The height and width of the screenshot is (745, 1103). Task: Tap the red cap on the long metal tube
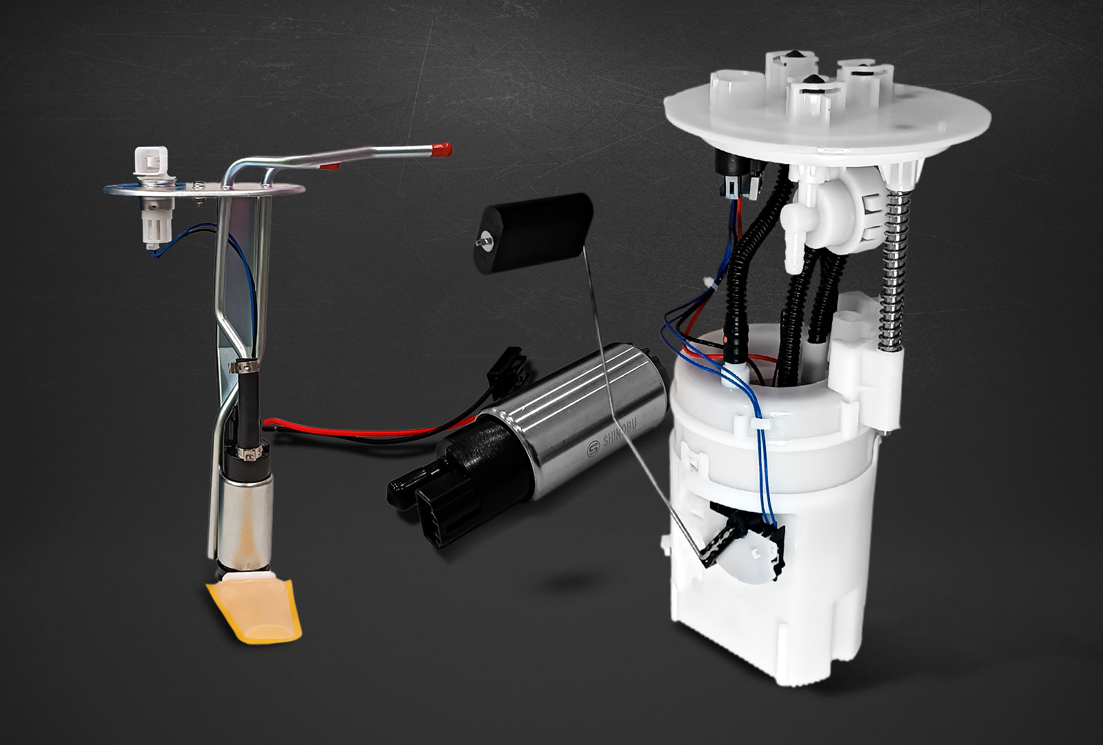[x=442, y=149]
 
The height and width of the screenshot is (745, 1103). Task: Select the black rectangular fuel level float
[x=534, y=232]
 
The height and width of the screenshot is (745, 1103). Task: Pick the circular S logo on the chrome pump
[x=593, y=449]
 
